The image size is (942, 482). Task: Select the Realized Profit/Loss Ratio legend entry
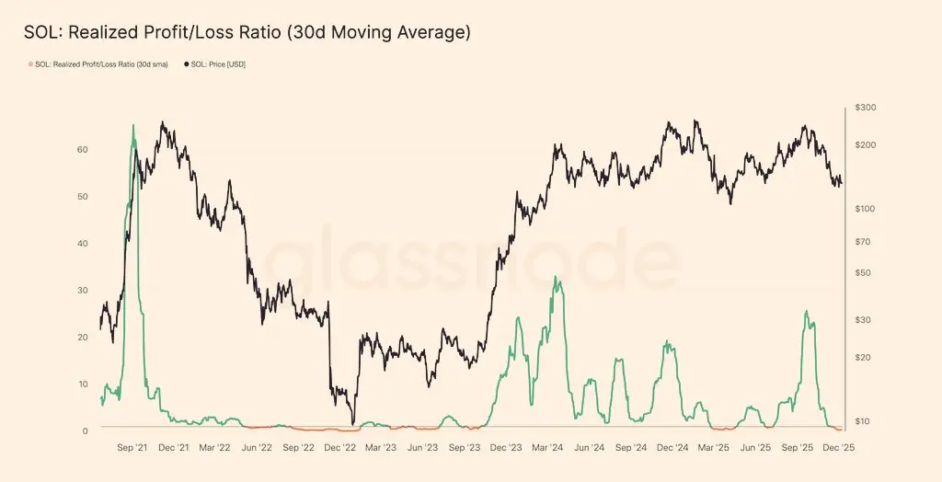pyautogui.click(x=100, y=63)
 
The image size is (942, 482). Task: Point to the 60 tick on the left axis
pyautogui.click(x=82, y=149)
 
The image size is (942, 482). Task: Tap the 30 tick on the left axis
pyautogui.click(x=82, y=290)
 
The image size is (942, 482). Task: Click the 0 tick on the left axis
pyautogui.click(x=86, y=430)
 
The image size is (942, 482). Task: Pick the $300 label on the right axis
pyautogui.click(x=866, y=108)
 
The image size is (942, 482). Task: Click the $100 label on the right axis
pyautogui.click(x=866, y=209)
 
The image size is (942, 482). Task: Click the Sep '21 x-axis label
pyautogui.click(x=133, y=448)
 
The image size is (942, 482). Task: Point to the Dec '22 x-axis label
pyautogui.click(x=339, y=448)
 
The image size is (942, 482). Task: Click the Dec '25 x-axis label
pyautogui.click(x=838, y=448)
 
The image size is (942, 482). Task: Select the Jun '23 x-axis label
pyautogui.click(x=422, y=448)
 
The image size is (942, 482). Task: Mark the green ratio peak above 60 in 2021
pyautogui.click(x=133, y=125)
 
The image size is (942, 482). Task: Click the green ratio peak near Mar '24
pyautogui.click(x=555, y=276)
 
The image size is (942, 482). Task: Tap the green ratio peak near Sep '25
pyautogui.click(x=807, y=311)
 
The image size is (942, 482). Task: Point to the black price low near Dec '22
pyautogui.click(x=352, y=424)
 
